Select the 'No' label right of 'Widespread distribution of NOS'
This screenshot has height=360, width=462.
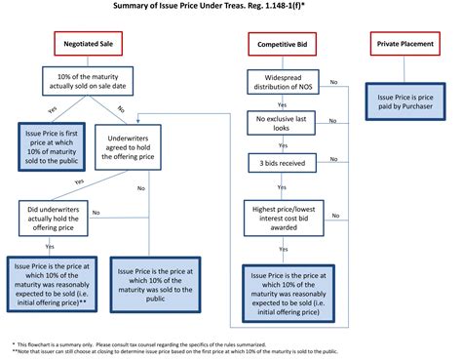[x=334, y=82]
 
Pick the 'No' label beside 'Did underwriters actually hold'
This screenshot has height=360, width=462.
[x=96, y=212]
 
